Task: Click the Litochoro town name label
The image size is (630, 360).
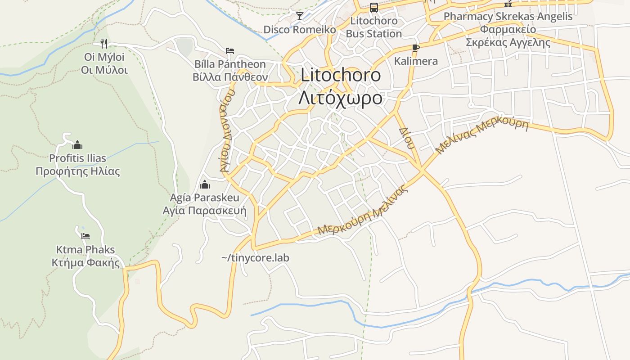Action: (341, 75)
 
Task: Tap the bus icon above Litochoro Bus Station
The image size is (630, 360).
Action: (373, 7)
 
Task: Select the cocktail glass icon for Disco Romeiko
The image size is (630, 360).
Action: (299, 16)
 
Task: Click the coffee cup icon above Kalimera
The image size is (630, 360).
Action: (415, 48)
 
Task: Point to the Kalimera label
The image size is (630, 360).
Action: (416, 61)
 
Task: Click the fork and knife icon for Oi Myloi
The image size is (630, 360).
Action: (104, 43)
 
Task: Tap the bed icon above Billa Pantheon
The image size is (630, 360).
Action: (230, 50)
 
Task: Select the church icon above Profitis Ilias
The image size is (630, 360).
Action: (77, 145)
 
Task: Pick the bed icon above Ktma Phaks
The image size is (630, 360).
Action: (85, 236)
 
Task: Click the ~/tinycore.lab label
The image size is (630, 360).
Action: (255, 258)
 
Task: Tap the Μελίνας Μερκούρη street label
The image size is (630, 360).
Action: (482, 136)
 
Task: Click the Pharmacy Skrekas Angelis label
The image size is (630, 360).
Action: (508, 17)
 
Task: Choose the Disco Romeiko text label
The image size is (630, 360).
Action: (300, 30)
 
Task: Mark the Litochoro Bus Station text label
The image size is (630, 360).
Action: (374, 27)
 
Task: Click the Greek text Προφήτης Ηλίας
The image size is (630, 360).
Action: (78, 171)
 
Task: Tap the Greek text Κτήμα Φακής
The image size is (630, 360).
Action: (86, 263)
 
